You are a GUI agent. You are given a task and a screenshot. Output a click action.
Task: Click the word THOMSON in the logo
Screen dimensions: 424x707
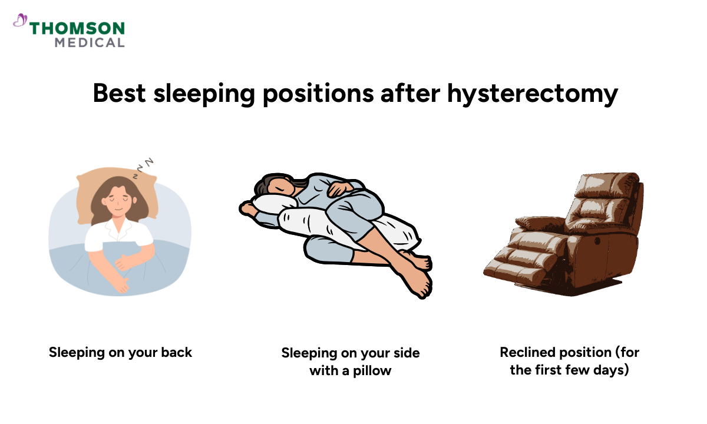click(77, 29)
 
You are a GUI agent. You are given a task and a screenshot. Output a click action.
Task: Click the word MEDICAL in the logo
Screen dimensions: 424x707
click(90, 42)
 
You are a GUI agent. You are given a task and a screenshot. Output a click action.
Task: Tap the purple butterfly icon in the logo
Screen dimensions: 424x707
click(20, 21)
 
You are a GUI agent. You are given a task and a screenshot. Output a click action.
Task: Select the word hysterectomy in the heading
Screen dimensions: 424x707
click(532, 94)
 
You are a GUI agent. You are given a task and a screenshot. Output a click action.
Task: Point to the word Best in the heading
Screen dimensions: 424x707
click(120, 94)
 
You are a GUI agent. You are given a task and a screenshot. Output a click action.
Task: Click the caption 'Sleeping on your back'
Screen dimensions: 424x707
click(121, 353)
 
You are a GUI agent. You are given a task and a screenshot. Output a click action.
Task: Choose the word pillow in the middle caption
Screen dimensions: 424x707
click(372, 371)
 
